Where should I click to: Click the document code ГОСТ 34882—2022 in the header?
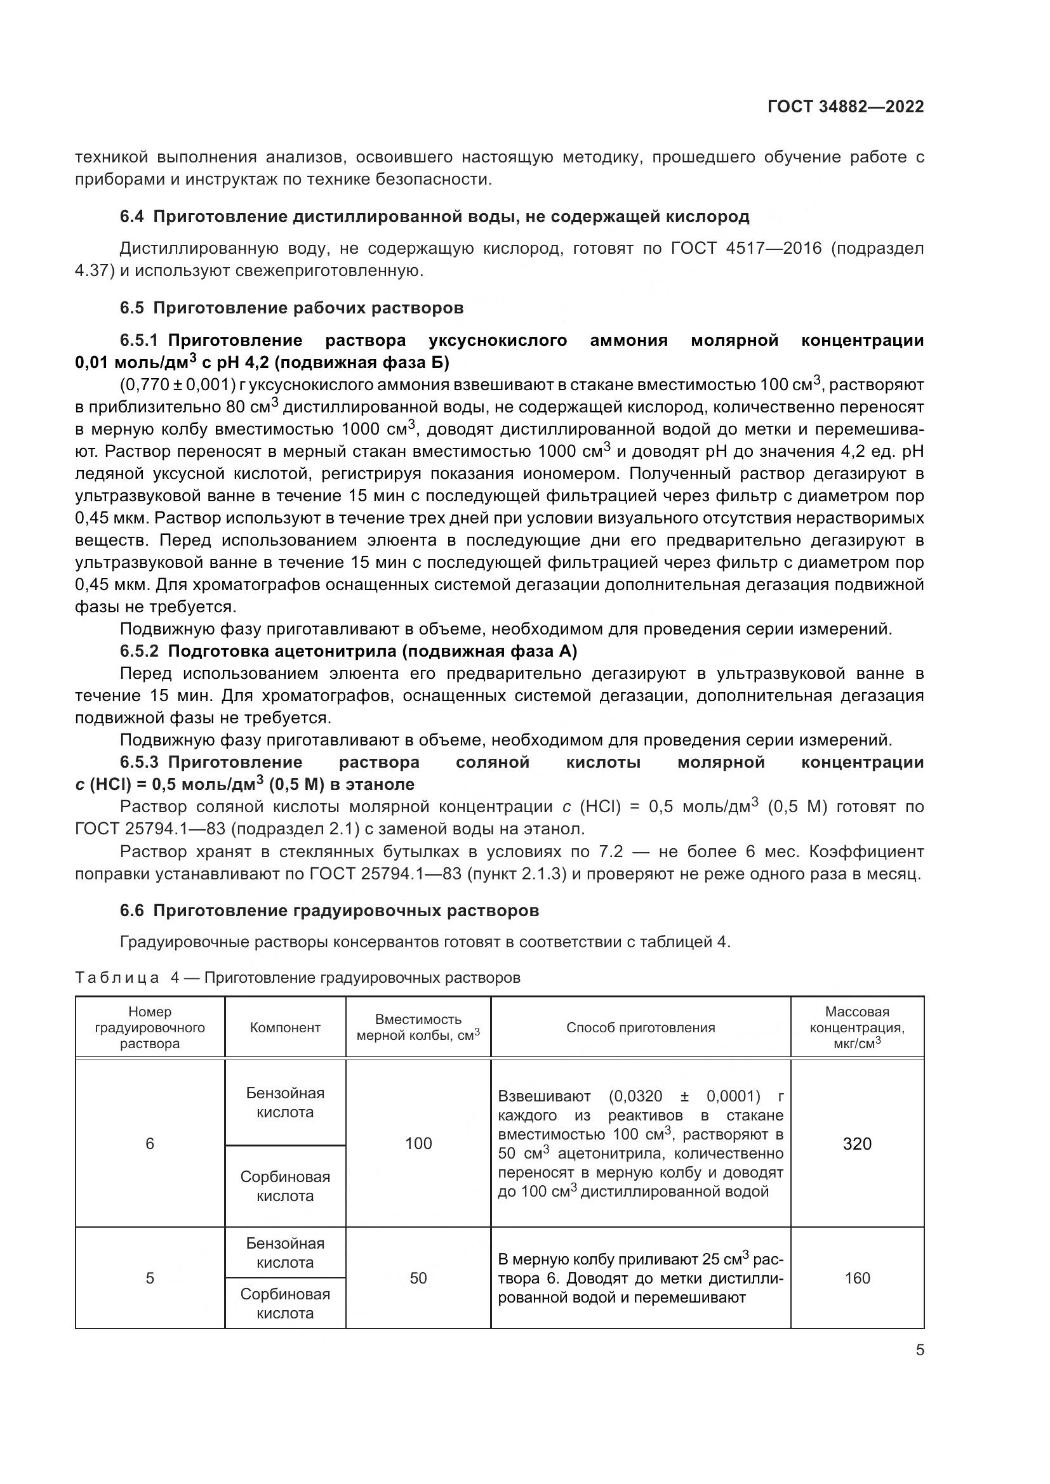pyautogui.click(x=845, y=107)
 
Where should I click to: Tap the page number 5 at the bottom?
pyautogui.click(x=919, y=1350)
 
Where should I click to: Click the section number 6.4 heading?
pyautogui.click(x=132, y=216)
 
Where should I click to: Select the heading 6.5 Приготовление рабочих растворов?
pyautogui.click(x=291, y=308)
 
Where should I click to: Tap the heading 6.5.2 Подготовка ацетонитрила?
pyautogui.click(x=349, y=652)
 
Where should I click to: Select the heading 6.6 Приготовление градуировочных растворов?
pyautogui.click(x=329, y=910)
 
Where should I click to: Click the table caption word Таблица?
pyautogui.click(x=117, y=977)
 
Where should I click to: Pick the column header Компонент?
pyautogui.click(x=285, y=1028)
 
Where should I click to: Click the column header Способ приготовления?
pyautogui.click(x=640, y=1028)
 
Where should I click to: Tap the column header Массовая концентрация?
pyautogui.click(x=856, y=1028)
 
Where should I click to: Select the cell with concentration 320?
pyautogui.click(x=856, y=1144)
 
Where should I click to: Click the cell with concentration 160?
pyautogui.click(x=856, y=1278)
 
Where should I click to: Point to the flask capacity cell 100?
pyautogui.click(x=418, y=1144)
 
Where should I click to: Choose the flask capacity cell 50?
pyautogui.click(x=418, y=1278)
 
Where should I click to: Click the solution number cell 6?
pyautogui.click(x=150, y=1144)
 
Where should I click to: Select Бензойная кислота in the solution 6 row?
pyautogui.click(x=285, y=1103)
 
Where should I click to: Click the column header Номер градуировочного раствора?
pyautogui.click(x=150, y=1028)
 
